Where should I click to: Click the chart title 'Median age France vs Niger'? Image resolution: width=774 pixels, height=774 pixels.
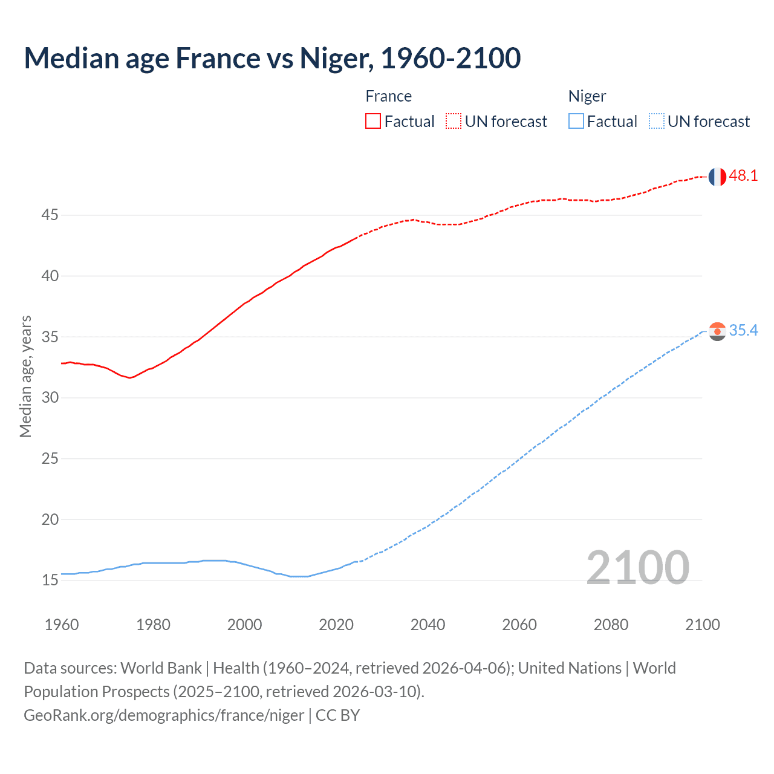(272, 58)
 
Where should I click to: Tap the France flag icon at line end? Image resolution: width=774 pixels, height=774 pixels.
(717, 177)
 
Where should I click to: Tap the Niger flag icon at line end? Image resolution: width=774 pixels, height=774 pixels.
(717, 331)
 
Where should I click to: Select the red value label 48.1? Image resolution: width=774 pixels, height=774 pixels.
(743, 176)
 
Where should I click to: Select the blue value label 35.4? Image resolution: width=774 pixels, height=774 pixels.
(743, 330)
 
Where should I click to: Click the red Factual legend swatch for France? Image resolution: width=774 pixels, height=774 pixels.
(373, 122)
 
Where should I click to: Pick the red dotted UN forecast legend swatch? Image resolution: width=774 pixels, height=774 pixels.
(454, 122)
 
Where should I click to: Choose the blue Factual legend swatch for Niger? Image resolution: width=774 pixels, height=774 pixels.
(576, 122)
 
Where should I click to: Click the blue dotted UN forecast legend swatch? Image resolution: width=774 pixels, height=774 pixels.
(657, 122)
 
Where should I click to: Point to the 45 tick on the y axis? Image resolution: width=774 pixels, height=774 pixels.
(50, 215)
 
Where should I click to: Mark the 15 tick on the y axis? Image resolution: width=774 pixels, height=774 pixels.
(50, 580)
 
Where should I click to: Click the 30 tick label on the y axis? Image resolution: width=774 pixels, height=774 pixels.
(50, 398)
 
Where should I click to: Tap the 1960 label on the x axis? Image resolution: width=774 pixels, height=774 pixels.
(62, 625)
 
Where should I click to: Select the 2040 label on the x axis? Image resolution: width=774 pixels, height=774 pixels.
(428, 625)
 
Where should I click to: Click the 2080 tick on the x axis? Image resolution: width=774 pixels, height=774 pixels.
(611, 625)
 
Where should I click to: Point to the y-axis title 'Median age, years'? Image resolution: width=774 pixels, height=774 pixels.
(25, 376)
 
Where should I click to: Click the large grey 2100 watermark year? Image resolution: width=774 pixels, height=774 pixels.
(637, 568)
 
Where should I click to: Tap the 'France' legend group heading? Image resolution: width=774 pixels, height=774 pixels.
(389, 96)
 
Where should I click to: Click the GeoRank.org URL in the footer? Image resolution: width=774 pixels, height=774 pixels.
(164, 715)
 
